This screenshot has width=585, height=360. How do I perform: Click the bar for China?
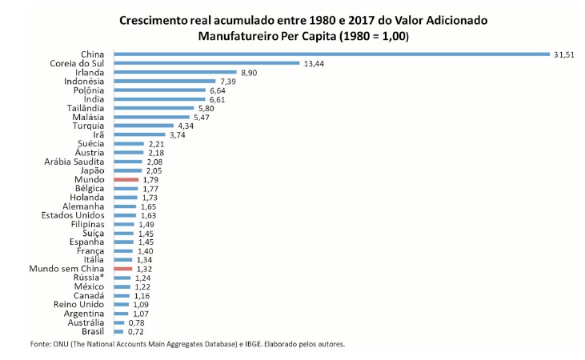[x=331, y=54]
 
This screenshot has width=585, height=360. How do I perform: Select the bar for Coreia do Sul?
[x=206, y=63]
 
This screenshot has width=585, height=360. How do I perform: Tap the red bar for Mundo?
[x=127, y=180]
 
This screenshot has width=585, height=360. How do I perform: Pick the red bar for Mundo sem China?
[x=122, y=269]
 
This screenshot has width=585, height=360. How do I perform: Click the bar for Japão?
[x=128, y=170]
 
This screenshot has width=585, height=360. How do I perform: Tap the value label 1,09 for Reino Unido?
[x=141, y=305]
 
